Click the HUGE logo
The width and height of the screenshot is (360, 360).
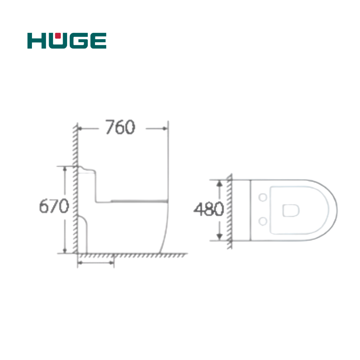(67, 40)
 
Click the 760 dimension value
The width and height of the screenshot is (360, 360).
(120, 127)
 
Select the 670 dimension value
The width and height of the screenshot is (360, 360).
(54, 206)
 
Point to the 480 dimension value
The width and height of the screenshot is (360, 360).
(209, 209)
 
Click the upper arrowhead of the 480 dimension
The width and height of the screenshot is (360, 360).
(220, 184)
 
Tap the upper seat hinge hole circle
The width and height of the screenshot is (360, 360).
(263, 197)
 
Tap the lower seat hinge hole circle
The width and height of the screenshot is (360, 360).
(263, 221)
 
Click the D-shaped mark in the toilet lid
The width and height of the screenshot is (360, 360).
(291, 211)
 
